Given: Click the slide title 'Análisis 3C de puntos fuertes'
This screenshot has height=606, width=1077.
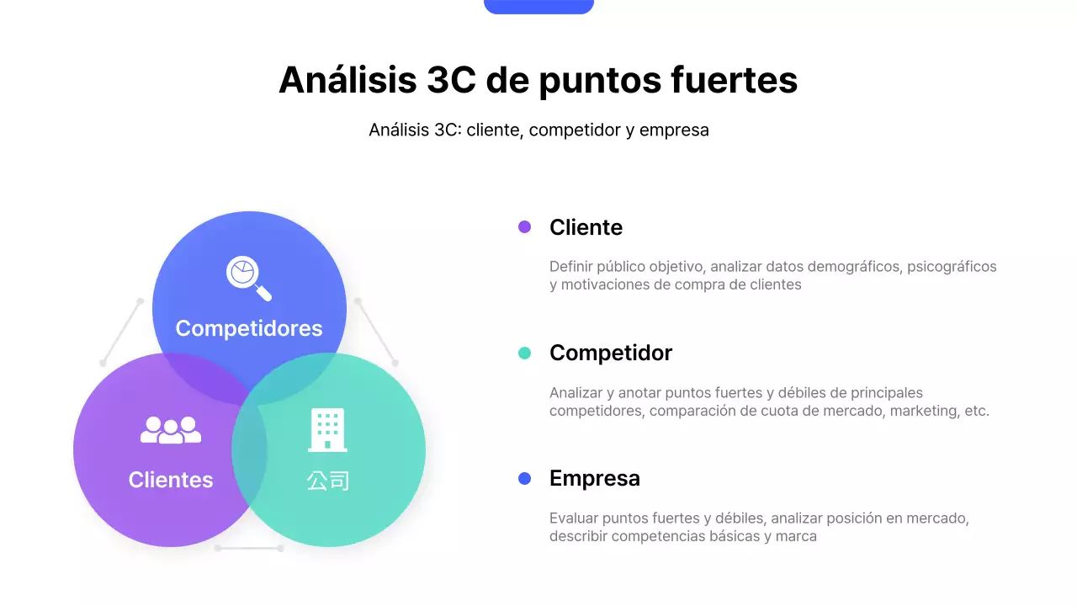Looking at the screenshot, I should point(538,81).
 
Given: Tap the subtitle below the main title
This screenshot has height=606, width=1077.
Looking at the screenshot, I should point(538,130).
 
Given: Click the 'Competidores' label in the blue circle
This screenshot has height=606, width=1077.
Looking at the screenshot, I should point(249,328).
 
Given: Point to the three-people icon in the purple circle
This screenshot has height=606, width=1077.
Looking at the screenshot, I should point(171,430).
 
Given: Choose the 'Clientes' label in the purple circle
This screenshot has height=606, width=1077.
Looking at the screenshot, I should point(171,480).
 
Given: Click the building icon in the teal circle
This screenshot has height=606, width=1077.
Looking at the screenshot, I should point(327,429).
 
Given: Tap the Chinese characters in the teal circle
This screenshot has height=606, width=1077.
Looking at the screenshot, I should point(327,481).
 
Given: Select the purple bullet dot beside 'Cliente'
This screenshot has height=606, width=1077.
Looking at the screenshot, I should point(525,227).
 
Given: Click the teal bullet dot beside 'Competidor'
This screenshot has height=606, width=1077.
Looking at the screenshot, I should point(525,353).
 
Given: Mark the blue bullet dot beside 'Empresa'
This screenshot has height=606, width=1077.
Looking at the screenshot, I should point(525,479).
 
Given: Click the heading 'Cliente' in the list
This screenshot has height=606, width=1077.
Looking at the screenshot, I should point(586,227).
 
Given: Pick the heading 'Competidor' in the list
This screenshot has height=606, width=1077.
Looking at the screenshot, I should point(611,353).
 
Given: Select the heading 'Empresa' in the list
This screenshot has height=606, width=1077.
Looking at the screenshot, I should point(595,478).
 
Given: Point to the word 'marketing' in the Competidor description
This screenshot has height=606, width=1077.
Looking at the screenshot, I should point(923,412).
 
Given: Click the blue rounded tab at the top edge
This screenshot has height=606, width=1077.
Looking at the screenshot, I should point(538,6).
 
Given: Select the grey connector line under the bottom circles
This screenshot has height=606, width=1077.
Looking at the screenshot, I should point(249,548).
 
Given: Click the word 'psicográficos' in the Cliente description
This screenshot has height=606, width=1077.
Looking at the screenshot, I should point(952,267).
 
